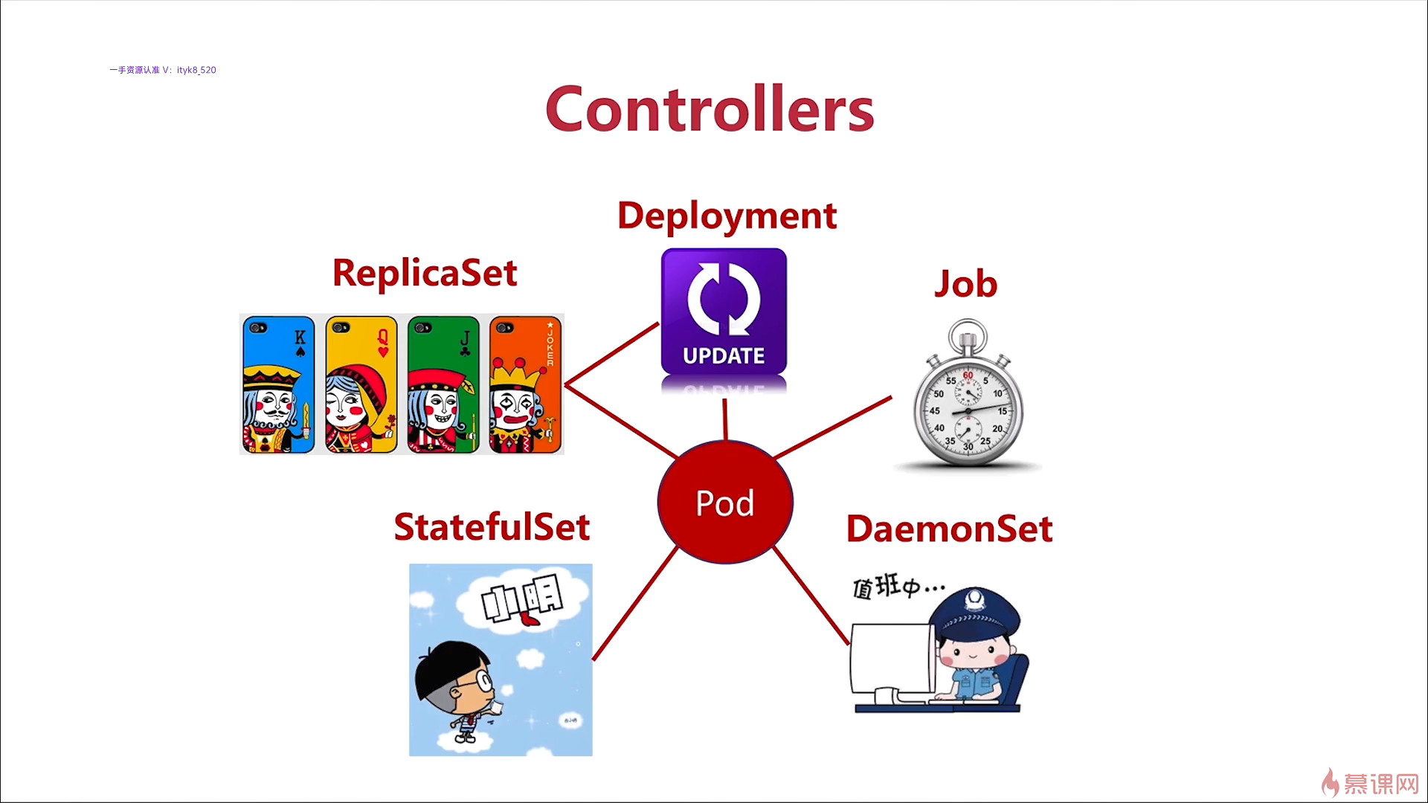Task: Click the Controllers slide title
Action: [x=710, y=109]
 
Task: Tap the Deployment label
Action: [x=727, y=216]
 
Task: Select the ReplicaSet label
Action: [x=424, y=272]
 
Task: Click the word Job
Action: [x=965, y=284]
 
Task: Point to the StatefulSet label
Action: [x=492, y=527]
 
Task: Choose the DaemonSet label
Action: [x=949, y=529]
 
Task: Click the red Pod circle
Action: [x=725, y=503]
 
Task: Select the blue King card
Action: [x=278, y=384]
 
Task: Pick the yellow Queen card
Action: [x=361, y=384]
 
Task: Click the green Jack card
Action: [x=443, y=384]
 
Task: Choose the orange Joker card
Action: [x=525, y=384]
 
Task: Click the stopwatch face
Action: [x=968, y=410]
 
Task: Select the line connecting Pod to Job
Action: [x=832, y=427]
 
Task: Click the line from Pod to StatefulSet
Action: [x=635, y=603]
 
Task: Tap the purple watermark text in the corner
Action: [x=163, y=70]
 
